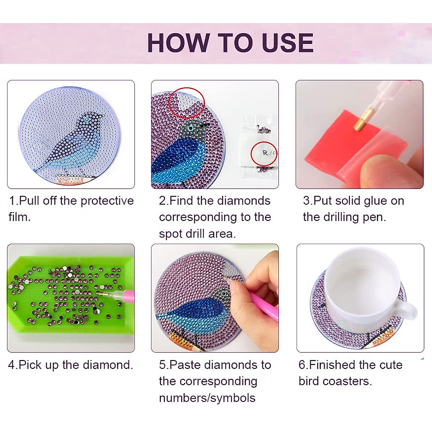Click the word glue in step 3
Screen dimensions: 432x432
[374, 201]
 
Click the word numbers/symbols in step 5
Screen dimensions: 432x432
[207, 398]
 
